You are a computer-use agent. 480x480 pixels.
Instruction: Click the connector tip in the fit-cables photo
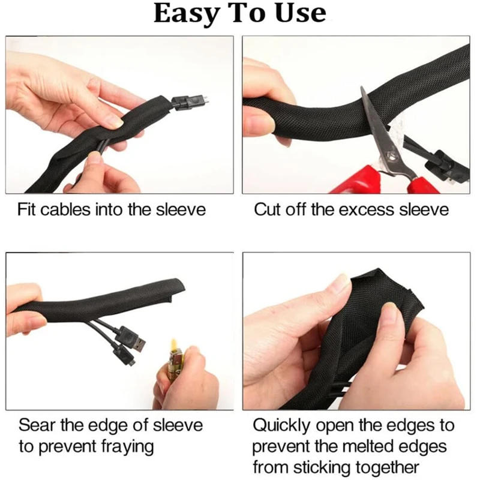point(203,97)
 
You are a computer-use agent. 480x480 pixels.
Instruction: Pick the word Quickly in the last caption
point(283,426)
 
